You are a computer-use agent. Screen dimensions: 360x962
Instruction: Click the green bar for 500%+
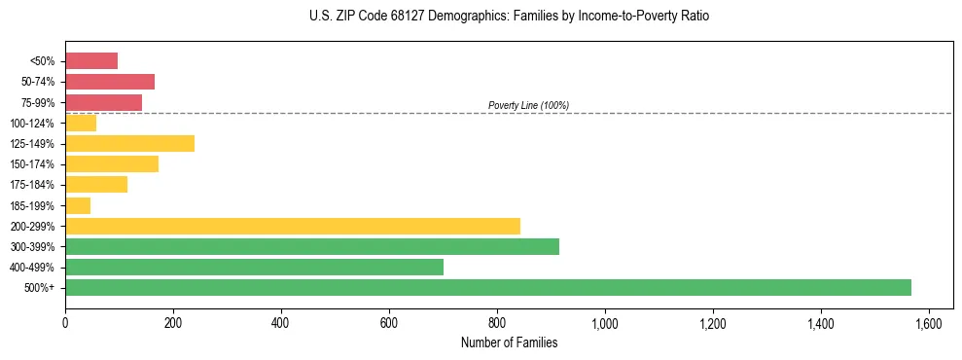(487, 287)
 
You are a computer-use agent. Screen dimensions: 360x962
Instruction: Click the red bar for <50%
(91, 61)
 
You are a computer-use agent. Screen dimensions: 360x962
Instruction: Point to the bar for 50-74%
(110, 82)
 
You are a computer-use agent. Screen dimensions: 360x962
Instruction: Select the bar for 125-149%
(129, 143)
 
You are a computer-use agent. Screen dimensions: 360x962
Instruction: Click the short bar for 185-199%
(78, 205)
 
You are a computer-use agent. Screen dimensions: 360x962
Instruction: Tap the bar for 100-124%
(81, 123)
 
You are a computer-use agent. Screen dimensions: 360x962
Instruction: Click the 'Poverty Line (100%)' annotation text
(528, 105)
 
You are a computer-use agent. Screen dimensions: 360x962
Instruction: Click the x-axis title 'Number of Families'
(509, 342)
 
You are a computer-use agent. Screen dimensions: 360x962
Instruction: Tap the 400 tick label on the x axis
(281, 323)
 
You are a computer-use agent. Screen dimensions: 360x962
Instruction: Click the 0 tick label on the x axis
(65, 323)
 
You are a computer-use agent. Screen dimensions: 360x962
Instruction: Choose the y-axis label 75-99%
(38, 103)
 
